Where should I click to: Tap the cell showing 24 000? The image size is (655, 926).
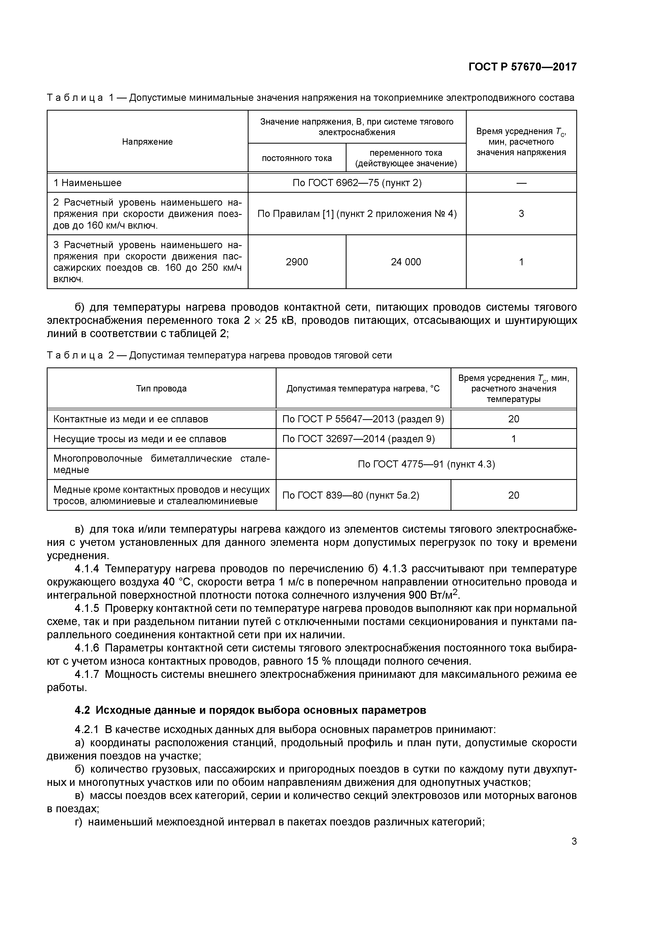tap(406, 262)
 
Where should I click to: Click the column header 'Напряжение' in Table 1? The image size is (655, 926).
tap(147, 141)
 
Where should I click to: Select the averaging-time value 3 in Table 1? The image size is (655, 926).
tap(521, 213)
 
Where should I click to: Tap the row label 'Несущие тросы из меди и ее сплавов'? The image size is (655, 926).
tap(140, 438)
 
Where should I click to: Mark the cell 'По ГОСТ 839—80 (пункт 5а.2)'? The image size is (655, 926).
tap(351, 495)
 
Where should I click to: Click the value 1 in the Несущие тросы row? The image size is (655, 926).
tap(513, 438)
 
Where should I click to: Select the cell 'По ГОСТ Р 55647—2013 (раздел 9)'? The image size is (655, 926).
tap(363, 419)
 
